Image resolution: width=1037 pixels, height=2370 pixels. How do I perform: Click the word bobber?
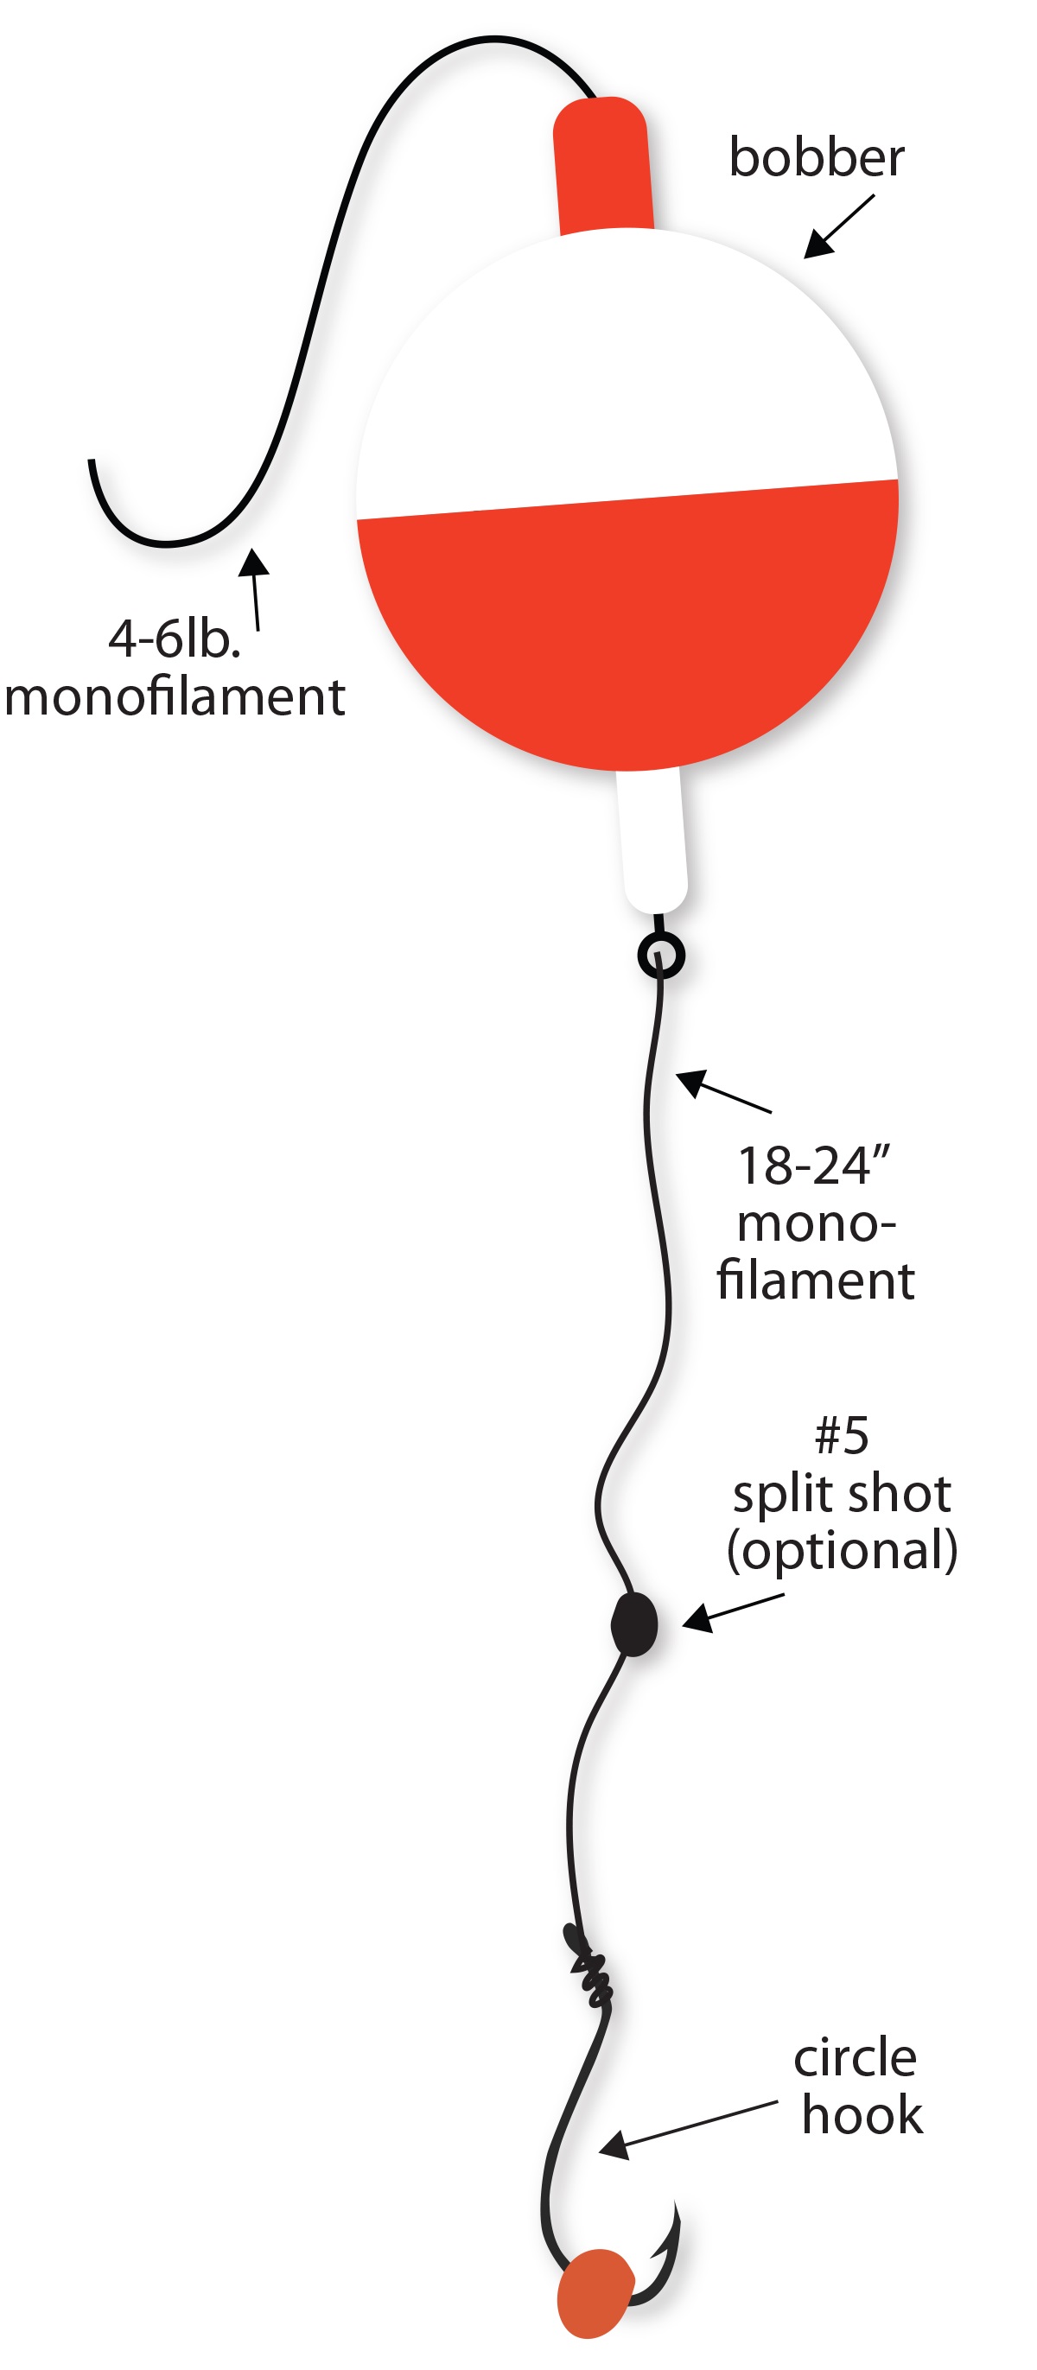click(x=816, y=157)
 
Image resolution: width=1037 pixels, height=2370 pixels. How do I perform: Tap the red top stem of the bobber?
click(x=602, y=166)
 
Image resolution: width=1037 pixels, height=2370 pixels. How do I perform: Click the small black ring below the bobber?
click(x=661, y=956)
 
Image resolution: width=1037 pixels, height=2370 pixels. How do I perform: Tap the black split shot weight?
click(x=634, y=1624)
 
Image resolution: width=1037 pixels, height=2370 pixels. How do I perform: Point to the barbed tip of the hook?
click(x=674, y=2217)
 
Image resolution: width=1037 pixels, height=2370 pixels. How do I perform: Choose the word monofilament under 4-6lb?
click(x=175, y=696)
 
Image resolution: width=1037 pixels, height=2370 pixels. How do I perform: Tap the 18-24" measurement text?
click(x=814, y=1166)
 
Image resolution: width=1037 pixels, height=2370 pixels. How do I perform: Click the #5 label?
click(x=841, y=1435)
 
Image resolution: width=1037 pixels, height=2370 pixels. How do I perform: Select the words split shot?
click(x=841, y=1494)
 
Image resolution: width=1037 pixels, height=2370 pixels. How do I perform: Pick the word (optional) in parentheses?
click(x=842, y=1550)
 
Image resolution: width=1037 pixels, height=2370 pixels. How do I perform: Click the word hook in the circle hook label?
click(x=862, y=2115)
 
